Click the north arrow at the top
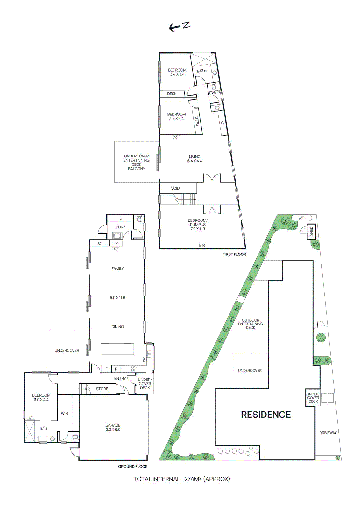(179, 27)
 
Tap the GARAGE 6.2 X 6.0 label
(113, 427)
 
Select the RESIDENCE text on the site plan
(266, 415)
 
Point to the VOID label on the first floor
(175, 188)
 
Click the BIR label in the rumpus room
(202, 245)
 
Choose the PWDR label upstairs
(214, 92)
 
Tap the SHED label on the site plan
(311, 231)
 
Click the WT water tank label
(301, 218)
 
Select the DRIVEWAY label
(328, 433)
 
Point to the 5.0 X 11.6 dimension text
(117, 298)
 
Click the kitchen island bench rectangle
(117, 349)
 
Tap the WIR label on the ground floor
(65, 413)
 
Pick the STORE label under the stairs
(102, 389)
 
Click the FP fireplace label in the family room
(116, 243)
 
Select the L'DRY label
(120, 227)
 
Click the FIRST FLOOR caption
(234, 254)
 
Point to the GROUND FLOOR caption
(133, 466)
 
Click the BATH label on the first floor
(201, 71)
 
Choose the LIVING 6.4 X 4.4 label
(195, 159)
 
